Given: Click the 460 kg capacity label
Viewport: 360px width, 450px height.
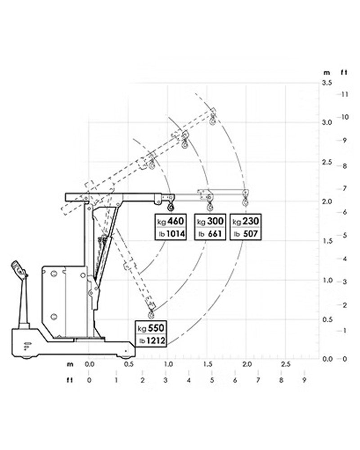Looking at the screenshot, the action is pyautogui.click(x=171, y=227).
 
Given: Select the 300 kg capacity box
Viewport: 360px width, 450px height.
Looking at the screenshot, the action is pyautogui.click(x=210, y=227).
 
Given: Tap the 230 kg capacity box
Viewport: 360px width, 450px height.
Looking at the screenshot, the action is pyautogui.click(x=246, y=227).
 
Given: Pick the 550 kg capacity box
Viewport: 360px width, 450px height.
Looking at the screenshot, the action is pyautogui.click(x=151, y=334).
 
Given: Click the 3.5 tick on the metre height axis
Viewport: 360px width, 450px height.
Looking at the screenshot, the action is pyautogui.click(x=327, y=83).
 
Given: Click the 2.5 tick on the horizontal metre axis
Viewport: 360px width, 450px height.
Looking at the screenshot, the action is pyautogui.click(x=286, y=364).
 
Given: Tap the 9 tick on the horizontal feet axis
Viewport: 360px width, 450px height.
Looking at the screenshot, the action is pyautogui.click(x=304, y=380).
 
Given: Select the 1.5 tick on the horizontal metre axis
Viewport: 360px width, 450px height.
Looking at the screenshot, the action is pyautogui.click(x=207, y=364).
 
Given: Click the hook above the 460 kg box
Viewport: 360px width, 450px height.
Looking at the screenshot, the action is pyautogui.click(x=171, y=206).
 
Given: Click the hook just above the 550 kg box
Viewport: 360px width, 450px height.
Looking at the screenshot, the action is pyautogui.click(x=151, y=314).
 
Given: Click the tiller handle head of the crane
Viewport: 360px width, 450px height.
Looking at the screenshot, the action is pyautogui.click(x=18, y=270).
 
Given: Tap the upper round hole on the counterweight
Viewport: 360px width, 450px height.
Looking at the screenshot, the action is pyautogui.click(x=54, y=274).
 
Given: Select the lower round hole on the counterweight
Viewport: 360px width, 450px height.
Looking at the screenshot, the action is pyautogui.click(x=54, y=317).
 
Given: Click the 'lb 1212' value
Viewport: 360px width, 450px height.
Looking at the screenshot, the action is pyautogui.click(x=152, y=341).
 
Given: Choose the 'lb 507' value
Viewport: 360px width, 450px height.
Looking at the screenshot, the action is pyautogui.click(x=246, y=234).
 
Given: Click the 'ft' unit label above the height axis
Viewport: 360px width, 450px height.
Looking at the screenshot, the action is pyautogui.click(x=344, y=72).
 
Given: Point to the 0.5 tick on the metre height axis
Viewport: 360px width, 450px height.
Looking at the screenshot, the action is pyautogui.click(x=327, y=319).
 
